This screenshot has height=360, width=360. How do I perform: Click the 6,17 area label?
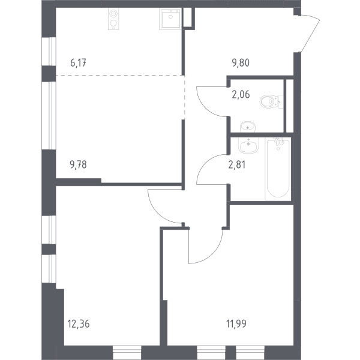(78, 62)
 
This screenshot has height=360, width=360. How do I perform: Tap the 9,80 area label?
(241, 62)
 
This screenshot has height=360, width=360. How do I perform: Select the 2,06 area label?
(241, 94)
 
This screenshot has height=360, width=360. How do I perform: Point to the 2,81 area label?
(237, 164)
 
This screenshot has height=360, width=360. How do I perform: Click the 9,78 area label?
(78, 164)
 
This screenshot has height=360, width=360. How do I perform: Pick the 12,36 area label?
(79, 324)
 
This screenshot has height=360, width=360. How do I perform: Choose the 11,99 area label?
(236, 324)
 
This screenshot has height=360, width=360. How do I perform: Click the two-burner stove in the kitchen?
(113, 19)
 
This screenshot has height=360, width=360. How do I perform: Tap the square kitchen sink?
(170, 19)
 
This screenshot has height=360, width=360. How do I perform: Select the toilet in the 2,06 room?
(271, 101)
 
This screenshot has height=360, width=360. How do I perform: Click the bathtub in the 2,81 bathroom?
(278, 169)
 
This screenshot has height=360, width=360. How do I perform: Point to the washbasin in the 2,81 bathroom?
(248, 145)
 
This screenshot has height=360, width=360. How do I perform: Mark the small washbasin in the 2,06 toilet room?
(248, 127)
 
